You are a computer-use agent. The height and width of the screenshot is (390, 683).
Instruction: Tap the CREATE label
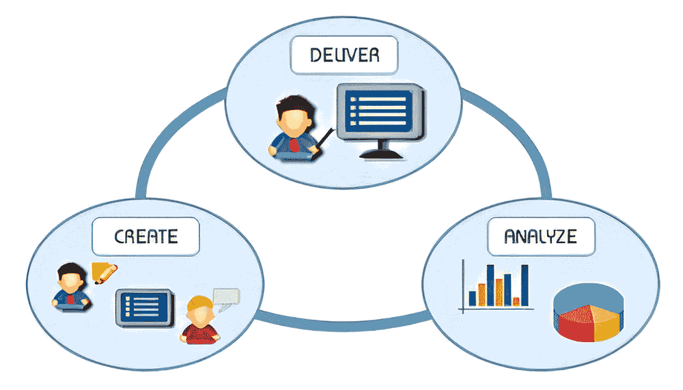tap(146, 236)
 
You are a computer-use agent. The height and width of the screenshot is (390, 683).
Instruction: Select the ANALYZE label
tap(540, 236)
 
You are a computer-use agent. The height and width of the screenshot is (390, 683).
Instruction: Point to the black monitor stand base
tap(380, 154)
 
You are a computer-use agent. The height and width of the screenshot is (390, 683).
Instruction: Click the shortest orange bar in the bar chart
tap(516, 301)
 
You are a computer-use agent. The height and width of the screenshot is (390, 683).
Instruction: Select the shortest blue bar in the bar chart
tap(472, 298)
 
